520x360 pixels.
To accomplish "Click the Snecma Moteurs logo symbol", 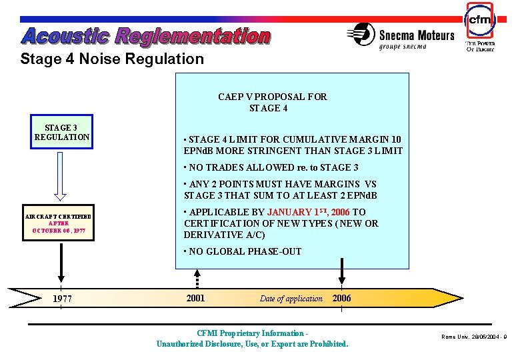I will click(361, 34).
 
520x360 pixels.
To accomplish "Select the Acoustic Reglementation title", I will click(146, 36).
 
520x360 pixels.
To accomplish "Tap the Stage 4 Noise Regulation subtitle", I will click(112, 59).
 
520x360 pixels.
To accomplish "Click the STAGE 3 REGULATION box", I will click(62, 132).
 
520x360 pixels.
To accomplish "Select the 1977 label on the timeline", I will click(62, 299).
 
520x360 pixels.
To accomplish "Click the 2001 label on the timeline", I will click(195, 298).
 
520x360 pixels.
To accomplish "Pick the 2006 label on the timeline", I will click(341, 298).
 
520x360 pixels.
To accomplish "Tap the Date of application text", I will click(291, 299).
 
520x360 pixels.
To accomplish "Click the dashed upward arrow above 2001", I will click(197, 279).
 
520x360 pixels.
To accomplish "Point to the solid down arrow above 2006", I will click(341, 271).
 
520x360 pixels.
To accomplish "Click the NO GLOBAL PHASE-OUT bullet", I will click(244, 251).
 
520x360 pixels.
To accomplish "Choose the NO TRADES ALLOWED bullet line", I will click(273, 167).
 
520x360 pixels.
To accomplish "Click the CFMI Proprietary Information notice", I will click(252, 339).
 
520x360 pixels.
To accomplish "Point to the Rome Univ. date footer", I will click(474, 337).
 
